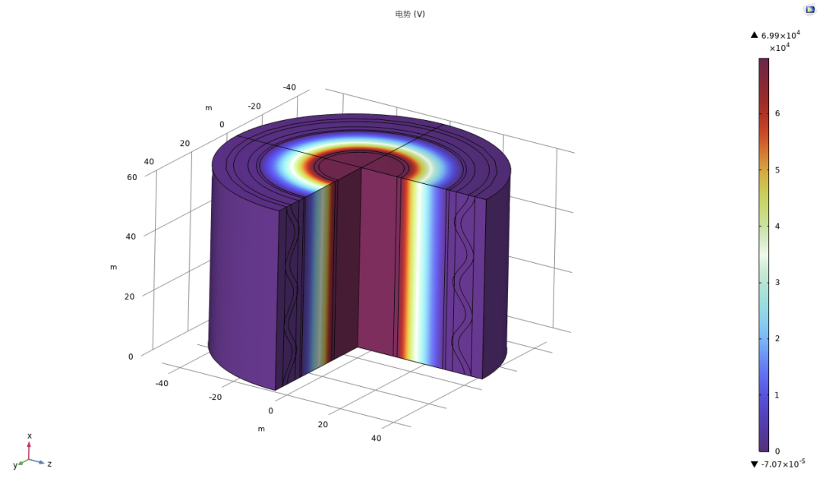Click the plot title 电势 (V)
click(x=410, y=14)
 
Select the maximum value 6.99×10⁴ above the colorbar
click(x=781, y=35)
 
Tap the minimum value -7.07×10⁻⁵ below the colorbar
click(x=783, y=464)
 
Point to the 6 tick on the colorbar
click(x=777, y=113)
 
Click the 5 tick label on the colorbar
click(x=777, y=170)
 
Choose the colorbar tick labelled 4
click(x=777, y=227)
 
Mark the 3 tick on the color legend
click(x=777, y=282)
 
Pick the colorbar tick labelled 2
click(x=777, y=338)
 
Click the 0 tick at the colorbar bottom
click(x=777, y=451)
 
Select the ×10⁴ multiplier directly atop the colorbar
click(x=779, y=48)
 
